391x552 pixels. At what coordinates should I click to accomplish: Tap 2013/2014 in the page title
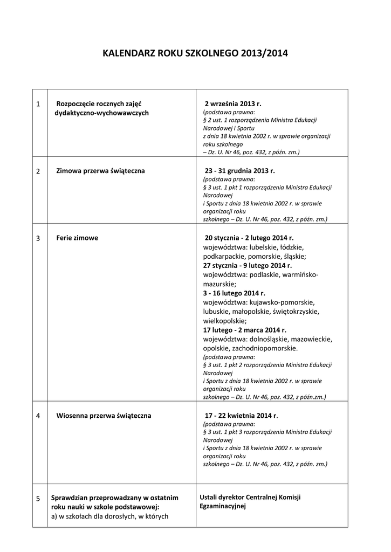click(265, 53)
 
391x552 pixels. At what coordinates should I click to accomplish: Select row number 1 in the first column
click(38, 103)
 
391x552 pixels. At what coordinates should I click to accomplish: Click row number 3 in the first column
click(38, 238)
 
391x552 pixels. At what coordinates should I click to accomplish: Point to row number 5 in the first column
click(38, 499)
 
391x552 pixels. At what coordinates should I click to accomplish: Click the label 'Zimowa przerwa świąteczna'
click(100, 171)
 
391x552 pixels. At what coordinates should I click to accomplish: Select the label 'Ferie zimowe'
click(77, 238)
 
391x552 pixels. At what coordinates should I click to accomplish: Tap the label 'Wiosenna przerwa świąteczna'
click(104, 416)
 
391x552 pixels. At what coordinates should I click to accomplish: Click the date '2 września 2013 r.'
click(232, 103)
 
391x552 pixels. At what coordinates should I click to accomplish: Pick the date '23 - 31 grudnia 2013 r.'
click(239, 171)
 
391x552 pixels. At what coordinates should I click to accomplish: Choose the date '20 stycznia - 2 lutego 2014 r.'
click(249, 238)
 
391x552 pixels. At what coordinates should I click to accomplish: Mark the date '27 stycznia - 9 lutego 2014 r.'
click(248, 266)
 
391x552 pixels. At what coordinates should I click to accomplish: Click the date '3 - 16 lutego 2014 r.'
click(234, 293)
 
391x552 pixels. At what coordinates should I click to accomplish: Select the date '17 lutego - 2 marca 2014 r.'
click(245, 330)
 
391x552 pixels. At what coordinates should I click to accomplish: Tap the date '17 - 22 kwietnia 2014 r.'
click(241, 416)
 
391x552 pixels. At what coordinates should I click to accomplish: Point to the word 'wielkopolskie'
click(223, 321)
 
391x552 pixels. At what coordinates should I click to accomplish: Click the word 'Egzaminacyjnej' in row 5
click(223, 506)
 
